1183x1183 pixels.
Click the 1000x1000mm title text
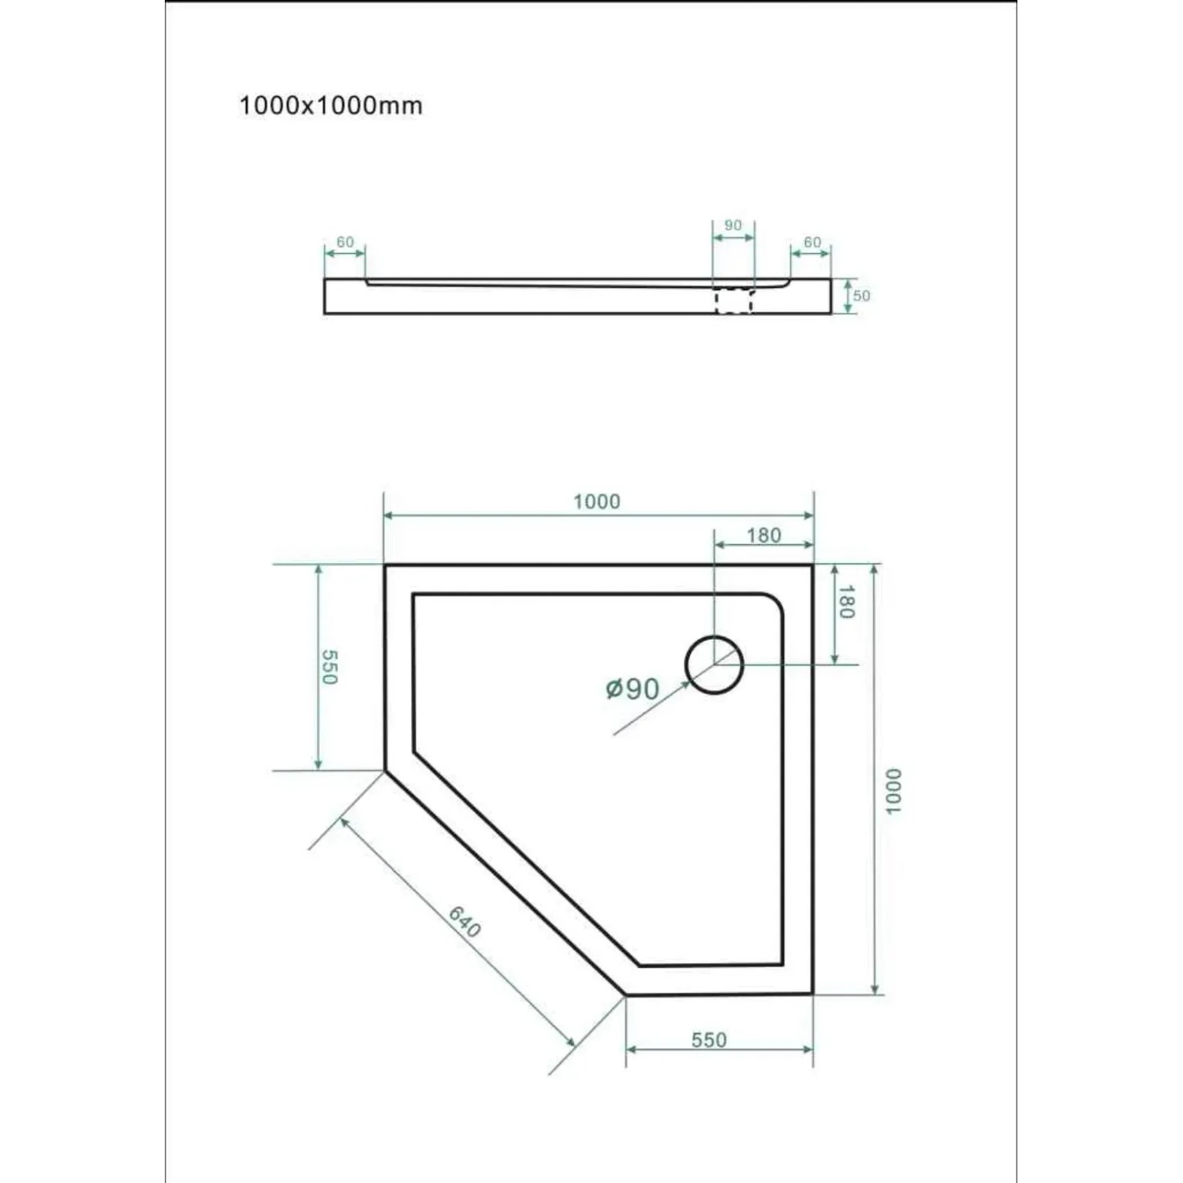click(330, 106)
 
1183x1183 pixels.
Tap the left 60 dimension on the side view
click(345, 242)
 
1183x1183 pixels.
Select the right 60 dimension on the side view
click(812, 242)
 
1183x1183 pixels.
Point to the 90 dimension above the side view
click(733, 226)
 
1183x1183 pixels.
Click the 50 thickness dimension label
click(861, 296)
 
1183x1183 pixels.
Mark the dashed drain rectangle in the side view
click(734, 301)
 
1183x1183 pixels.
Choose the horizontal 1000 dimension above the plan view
click(597, 502)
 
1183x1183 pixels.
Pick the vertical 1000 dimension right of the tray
click(892, 791)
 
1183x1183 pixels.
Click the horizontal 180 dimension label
click(763, 536)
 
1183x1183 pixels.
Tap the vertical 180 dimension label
click(845, 602)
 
